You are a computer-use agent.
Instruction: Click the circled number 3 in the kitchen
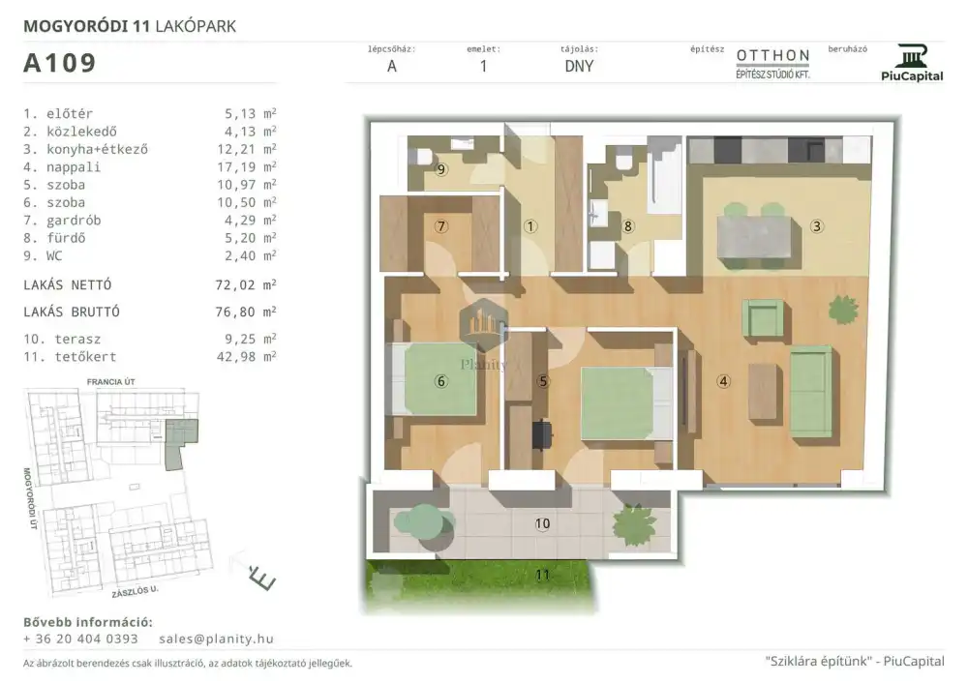[x=816, y=226]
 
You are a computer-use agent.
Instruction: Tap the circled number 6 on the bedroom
[x=440, y=381]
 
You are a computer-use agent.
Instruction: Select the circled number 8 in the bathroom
[x=628, y=226]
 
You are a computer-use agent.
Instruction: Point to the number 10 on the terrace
[x=542, y=523]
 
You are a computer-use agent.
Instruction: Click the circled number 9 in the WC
[x=440, y=169]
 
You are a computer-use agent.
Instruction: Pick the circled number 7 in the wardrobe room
[x=440, y=226]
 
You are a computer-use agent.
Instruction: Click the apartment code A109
[x=59, y=63]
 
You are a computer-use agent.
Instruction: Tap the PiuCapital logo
[x=912, y=63]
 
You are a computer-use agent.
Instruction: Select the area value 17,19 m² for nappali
[x=250, y=166]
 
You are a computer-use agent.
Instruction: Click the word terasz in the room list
[x=77, y=339]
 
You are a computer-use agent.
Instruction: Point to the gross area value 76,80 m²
[x=246, y=312]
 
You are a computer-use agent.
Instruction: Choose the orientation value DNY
[x=579, y=66]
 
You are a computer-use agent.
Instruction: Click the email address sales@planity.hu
[x=216, y=639]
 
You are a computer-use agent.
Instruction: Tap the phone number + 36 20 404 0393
[x=81, y=639]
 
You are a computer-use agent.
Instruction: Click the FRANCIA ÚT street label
[x=110, y=382]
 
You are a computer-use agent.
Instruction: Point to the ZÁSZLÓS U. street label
[x=136, y=591]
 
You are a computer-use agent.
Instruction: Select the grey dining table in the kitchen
[x=754, y=237]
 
